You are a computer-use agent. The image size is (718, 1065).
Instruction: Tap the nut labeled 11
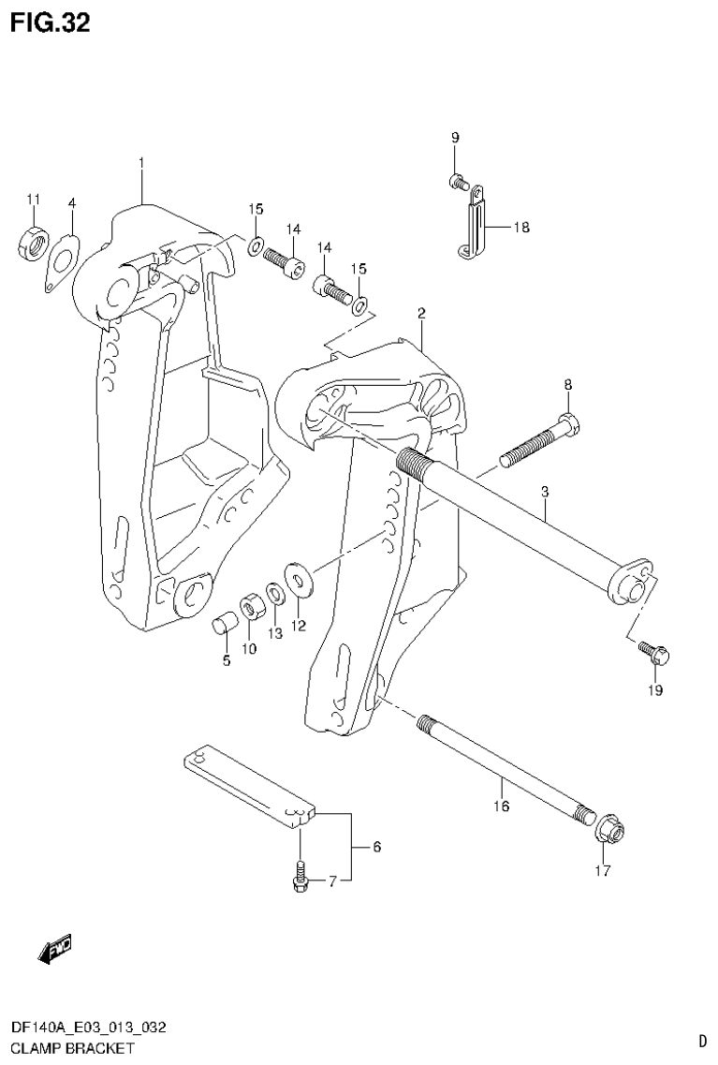(33, 244)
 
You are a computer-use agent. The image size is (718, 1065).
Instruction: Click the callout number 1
(140, 163)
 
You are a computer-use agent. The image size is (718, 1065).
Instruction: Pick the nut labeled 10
(250, 609)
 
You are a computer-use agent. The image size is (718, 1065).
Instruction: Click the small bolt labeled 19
(652, 652)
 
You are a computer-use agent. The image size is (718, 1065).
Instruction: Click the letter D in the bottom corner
(701, 1040)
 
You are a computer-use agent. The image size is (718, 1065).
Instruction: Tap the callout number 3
(544, 491)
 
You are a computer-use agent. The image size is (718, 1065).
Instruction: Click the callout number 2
(422, 313)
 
